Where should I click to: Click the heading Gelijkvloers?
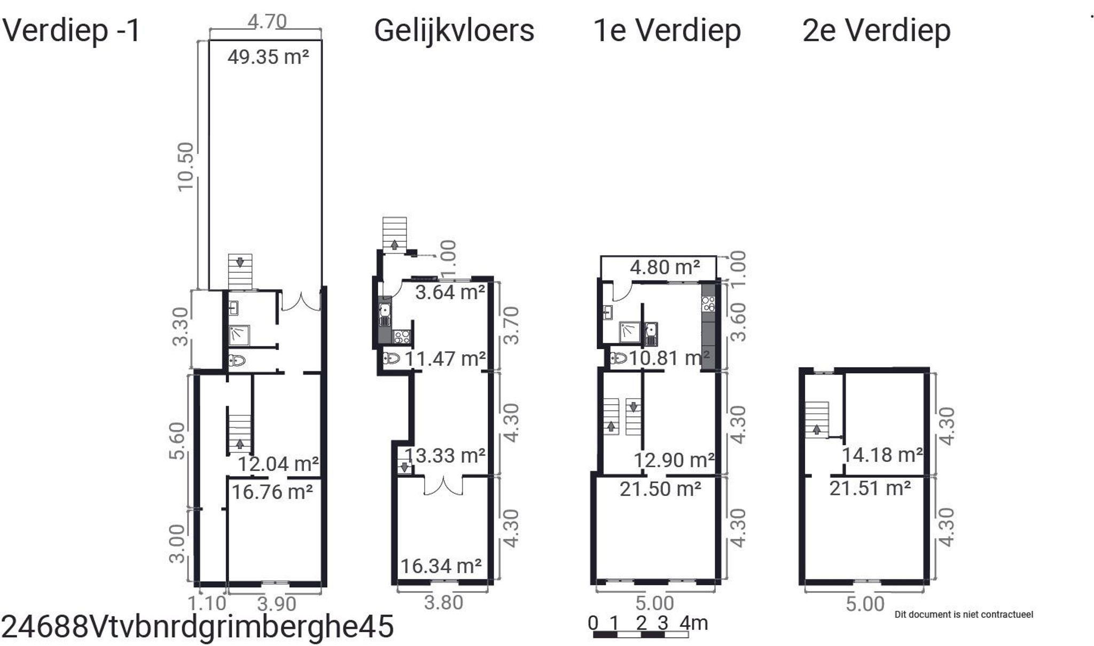pyautogui.click(x=454, y=30)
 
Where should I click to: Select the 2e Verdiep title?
pyautogui.click(x=876, y=30)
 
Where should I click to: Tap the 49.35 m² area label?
pyautogui.click(x=268, y=57)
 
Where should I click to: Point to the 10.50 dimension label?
pyautogui.click(x=185, y=166)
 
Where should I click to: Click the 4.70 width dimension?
pyautogui.click(x=267, y=22)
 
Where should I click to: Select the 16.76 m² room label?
pyautogui.click(x=272, y=492)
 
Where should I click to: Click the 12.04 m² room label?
pyautogui.click(x=278, y=463)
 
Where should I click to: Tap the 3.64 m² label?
pyautogui.click(x=450, y=292)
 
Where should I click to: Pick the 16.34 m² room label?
pyautogui.click(x=441, y=566)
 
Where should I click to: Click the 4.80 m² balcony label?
pyautogui.click(x=665, y=267)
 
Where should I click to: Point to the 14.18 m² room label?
pyautogui.click(x=882, y=455)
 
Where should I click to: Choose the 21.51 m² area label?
pyautogui.click(x=870, y=488)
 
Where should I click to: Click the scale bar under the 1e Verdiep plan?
pyautogui.click(x=640, y=635)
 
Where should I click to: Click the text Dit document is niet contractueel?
pyautogui.click(x=964, y=615)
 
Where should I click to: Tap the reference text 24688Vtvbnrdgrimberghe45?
pyautogui.click(x=198, y=626)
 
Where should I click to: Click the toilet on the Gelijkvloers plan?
pyautogui.click(x=392, y=358)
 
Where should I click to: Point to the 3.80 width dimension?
pyautogui.click(x=443, y=603)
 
